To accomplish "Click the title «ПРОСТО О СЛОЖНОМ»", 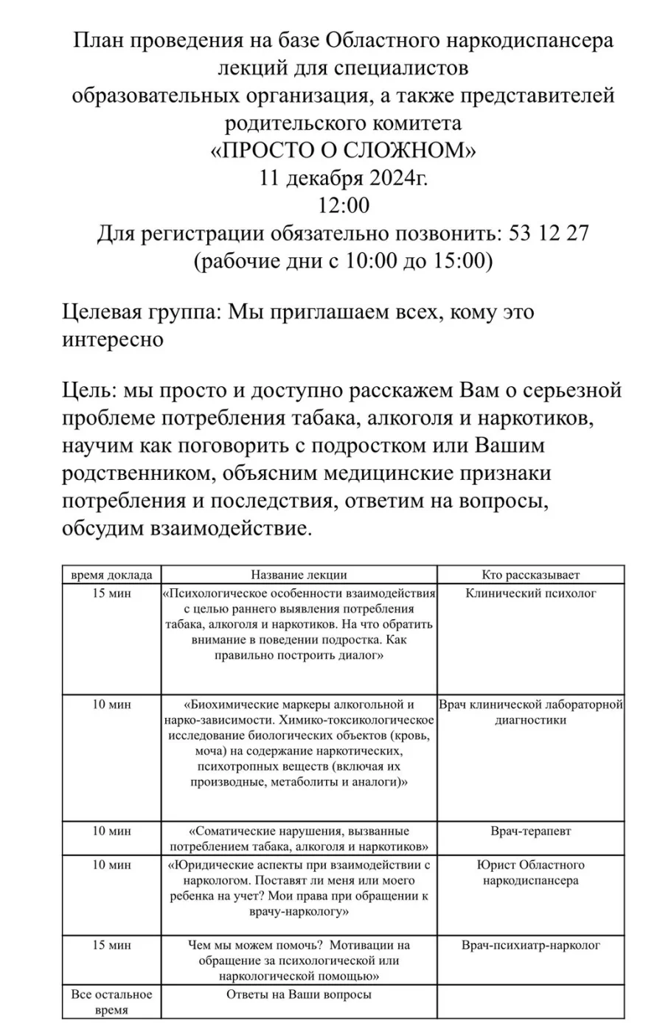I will click(x=343, y=150).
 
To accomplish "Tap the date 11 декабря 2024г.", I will click(x=343, y=178).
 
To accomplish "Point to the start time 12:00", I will click(x=343, y=206).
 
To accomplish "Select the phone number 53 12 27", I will click(x=549, y=234).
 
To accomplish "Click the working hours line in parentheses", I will click(x=343, y=261).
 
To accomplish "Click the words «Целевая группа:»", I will click(x=140, y=312).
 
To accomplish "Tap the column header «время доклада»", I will click(x=111, y=575).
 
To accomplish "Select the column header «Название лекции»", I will click(x=299, y=575).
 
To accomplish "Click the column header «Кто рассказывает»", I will click(x=531, y=575).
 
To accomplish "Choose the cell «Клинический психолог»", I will click(x=531, y=593).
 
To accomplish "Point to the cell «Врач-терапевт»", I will click(x=531, y=831).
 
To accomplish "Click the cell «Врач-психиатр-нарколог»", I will click(x=531, y=945).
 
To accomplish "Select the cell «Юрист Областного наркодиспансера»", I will click(x=531, y=873).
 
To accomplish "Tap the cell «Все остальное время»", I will click(x=111, y=1003).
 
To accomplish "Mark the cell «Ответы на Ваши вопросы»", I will click(x=299, y=995).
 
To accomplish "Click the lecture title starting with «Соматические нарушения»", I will click(x=299, y=839).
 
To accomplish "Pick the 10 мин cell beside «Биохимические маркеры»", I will click(x=111, y=705).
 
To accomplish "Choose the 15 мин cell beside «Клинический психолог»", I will click(x=111, y=594).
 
